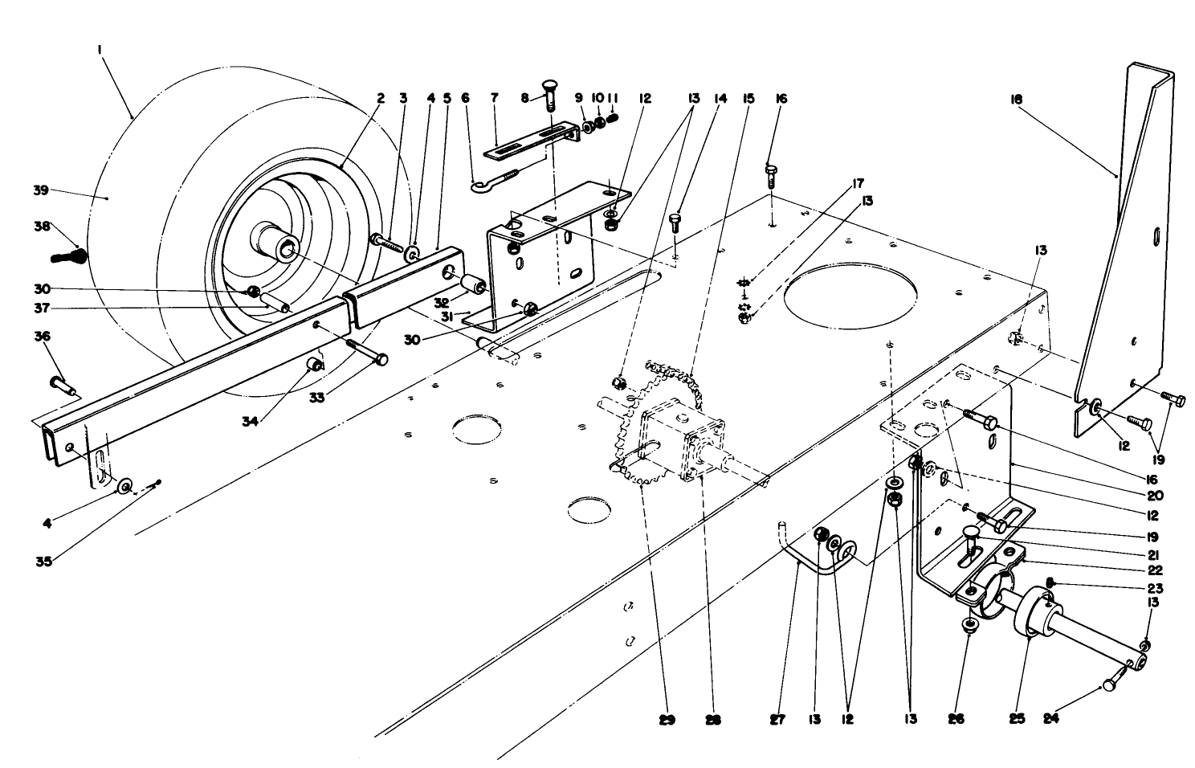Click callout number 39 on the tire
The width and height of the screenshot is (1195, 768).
[40, 190]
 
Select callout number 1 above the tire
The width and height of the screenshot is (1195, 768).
[100, 50]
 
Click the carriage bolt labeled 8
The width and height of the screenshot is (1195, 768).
[547, 100]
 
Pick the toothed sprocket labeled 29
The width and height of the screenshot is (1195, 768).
[634, 450]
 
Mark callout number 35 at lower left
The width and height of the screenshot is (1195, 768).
[44, 561]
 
